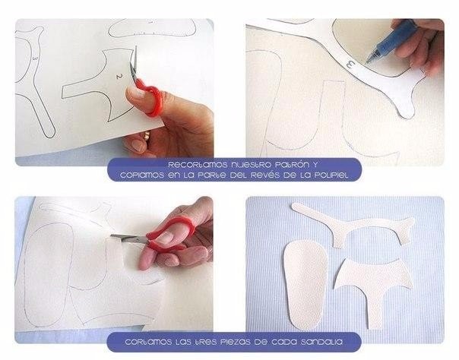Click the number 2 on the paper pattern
[x=119, y=76]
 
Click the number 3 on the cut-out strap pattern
[x=350, y=64]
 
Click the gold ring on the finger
[x=147, y=135]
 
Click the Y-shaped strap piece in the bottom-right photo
[x=351, y=224]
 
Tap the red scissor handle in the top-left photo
[x=150, y=96]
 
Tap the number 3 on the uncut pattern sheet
[x=35, y=58]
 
